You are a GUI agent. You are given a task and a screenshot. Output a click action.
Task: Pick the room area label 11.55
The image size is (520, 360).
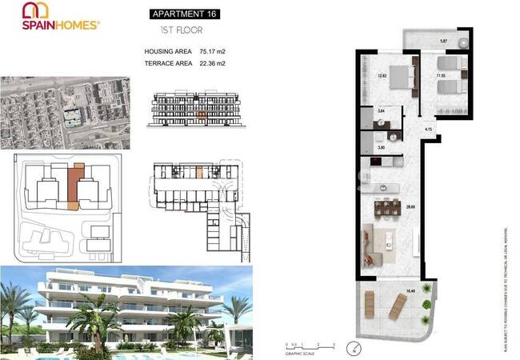point(439,76)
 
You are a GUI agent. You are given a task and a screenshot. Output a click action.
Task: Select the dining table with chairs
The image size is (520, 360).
point(387,207)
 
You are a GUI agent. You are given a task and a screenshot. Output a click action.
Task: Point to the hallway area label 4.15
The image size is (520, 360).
point(430,130)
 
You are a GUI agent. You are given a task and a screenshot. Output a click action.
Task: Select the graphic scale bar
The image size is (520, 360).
point(304,347)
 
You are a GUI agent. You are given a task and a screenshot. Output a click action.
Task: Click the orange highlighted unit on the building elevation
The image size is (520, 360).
point(201,115)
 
